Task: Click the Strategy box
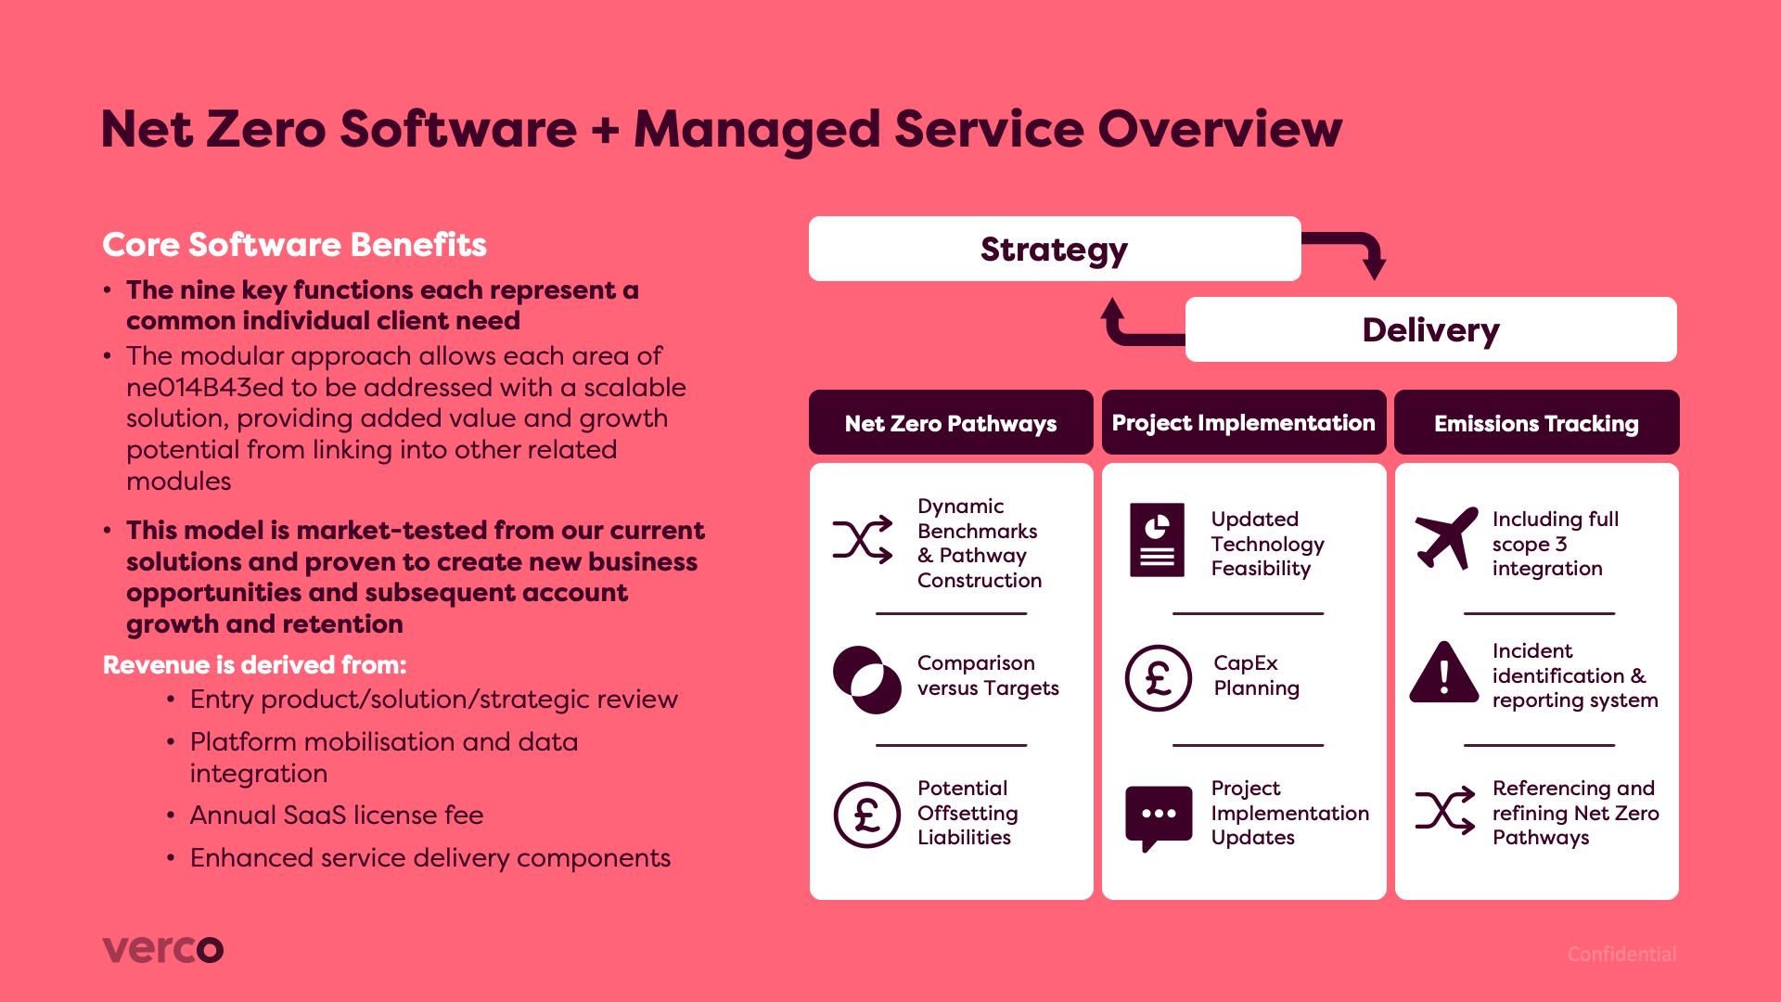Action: (x=1054, y=249)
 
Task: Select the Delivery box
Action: (x=1430, y=329)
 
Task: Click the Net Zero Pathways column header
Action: (x=950, y=423)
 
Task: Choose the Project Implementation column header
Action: (x=1243, y=423)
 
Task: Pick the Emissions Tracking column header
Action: (x=1536, y=423)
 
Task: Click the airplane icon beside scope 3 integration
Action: (x=1445, y=539)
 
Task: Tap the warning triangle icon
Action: (x=1443, y=674)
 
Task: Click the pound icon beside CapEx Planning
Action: (x=1158, y=678)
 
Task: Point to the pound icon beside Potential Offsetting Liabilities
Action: (x=866, y=815)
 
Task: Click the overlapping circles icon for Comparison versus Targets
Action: (x=866, y=679)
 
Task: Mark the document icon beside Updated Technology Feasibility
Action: (x=1157, y=539)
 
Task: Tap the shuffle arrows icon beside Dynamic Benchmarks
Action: (x=863, y=539)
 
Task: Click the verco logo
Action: (x=162, y=949)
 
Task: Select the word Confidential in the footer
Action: (x=1621, y=954)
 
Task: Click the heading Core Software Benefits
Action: (x=294, y=244)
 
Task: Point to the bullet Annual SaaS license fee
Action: (x=336, y=815)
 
